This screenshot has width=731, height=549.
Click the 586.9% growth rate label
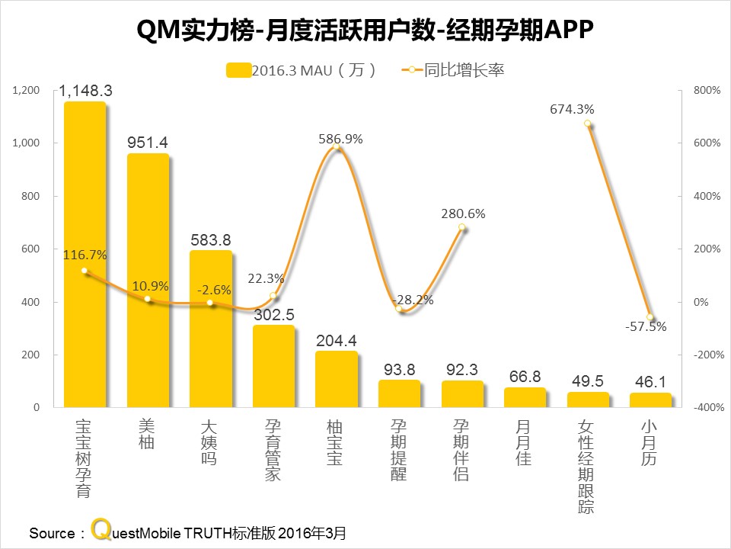pyautogui.click(x=340, y=139)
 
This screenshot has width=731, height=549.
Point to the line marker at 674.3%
pyautogui.click(x=588, y=124)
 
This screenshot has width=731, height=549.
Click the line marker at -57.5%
pyautogui.click(x=650, y=317)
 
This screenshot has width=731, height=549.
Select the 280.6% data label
pyautogui.click(x=463, y=213)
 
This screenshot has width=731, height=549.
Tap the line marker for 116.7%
pyautogui.click(x=85, y=271)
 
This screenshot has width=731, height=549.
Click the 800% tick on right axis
pyautogui.click(x=705, y=90)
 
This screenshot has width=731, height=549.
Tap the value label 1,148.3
pyautogui.click(x=85, y=91)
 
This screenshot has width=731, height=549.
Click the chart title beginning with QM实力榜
pyautogui.click(x=365, y=30)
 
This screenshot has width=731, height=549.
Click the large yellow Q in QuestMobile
pyautogui.click(x=98, y=530)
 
